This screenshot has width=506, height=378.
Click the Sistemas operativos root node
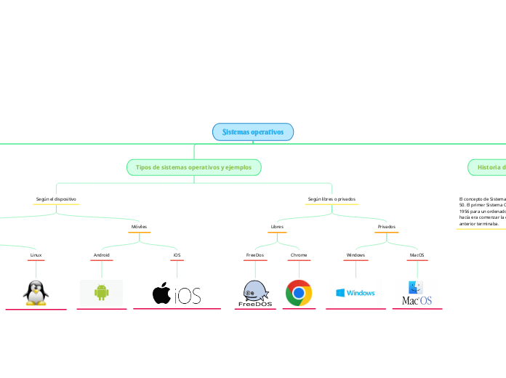(x=253, y=132)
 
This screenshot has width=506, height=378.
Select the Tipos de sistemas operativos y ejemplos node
(x=193, y=167)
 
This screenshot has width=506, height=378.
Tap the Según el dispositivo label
(x=56, y=198)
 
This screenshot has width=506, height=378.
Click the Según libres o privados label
(x=332, y=198)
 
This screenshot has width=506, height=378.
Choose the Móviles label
(x=139, y=227)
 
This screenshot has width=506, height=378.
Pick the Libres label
(x=277, y=227)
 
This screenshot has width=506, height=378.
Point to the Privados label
(x=386, y=227)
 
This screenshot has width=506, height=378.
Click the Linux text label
(x=36, y=255)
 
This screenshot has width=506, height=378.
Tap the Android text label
(x=101, y=255)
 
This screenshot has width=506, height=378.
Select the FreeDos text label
(x=255, y=255)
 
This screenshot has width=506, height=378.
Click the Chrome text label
(x=299, y=255)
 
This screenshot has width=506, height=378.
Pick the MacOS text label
(x=417, y=255)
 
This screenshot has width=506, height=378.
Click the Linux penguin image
(x=35, y=292)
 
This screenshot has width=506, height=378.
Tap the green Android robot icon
(x=101, y=292)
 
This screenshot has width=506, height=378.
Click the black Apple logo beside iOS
(x=161, y=293)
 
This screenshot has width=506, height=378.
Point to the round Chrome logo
(x=299, y=292)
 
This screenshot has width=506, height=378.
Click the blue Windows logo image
(x=355, y=292)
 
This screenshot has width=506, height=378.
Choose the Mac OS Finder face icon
(x=416, y=287)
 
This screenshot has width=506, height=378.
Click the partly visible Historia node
(x=491, y=167)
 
